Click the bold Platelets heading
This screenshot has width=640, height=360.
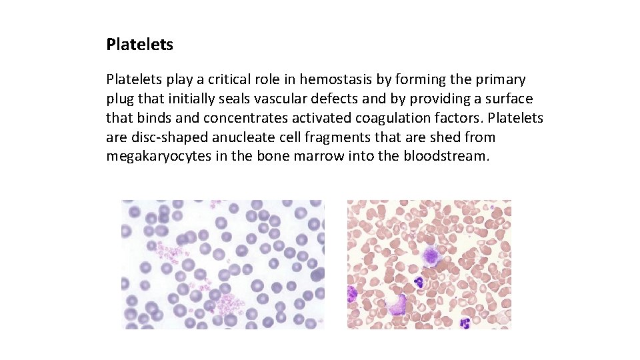pyautogui.click(x=139, y=45)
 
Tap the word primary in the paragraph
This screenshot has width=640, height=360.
pyautogui.click(x=501, y=79)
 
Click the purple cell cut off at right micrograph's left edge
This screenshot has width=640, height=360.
pyautogui.click(x=351, y=293)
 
